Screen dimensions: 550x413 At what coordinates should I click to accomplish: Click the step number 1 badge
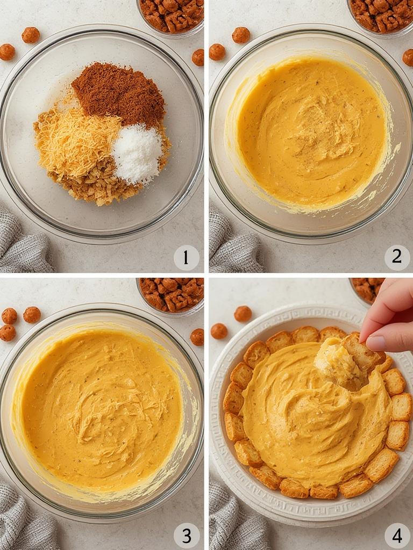click(x=186, y=258)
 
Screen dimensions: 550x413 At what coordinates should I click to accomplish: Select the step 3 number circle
click(x=186, y=535)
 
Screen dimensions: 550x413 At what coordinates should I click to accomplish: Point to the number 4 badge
click(x=397, y=535)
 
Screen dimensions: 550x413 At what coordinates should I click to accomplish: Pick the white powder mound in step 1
click(x=137, y=154)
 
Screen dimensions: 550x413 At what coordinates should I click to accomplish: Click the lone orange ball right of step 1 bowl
click(x=198, y=57)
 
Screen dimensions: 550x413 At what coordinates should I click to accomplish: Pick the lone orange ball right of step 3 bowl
click(x=197, y=337)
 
